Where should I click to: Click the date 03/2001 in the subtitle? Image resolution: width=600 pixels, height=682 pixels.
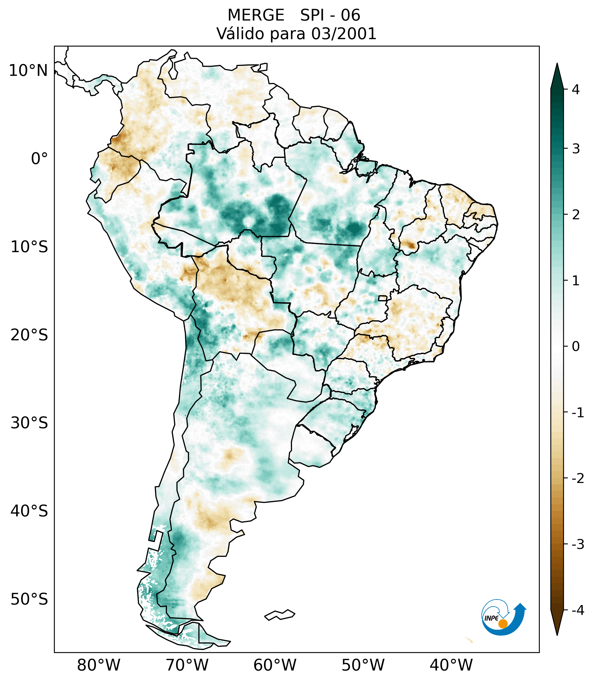344,34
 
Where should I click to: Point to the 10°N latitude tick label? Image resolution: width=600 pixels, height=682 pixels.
28,71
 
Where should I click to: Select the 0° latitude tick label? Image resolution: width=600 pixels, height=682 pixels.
39,159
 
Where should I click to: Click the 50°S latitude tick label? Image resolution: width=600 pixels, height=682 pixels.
29,599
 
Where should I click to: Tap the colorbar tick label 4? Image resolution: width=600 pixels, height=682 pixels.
576,90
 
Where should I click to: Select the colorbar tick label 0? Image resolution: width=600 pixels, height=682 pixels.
576,347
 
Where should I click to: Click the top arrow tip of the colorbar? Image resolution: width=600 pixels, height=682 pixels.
557,64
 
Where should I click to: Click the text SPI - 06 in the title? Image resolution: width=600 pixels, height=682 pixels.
330,15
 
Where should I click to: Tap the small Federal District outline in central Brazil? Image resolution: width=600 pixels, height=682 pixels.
383,298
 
